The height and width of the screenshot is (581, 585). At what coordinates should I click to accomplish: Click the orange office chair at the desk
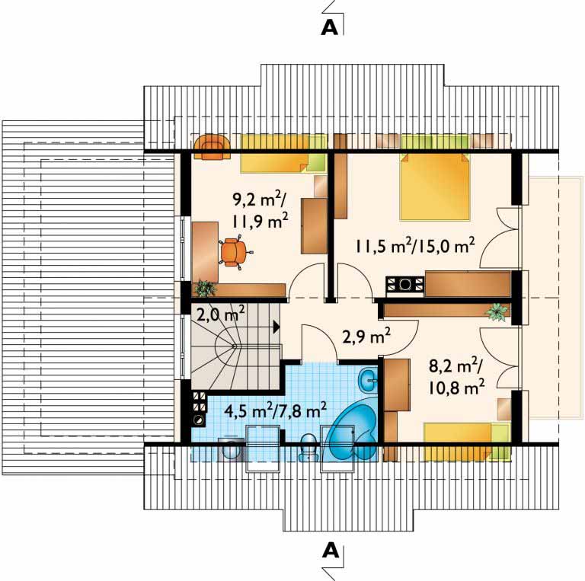(x=234, y=252)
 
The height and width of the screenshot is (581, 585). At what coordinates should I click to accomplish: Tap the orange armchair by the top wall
(x=212, y=147)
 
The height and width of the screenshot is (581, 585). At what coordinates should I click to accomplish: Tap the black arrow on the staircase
(x=277, y=327)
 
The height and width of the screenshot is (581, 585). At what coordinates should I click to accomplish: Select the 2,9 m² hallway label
(x=366, y=338)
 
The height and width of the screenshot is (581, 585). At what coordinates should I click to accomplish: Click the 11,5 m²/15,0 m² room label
(x=415, y=247)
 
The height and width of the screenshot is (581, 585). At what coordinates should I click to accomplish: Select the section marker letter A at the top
(x=329, y=27)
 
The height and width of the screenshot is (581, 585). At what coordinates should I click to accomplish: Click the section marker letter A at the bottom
(x=330, y=550)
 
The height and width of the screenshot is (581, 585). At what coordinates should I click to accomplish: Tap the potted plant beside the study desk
(x=204, y=289)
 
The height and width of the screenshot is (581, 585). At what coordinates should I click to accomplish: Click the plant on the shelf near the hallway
(x=497, y=311)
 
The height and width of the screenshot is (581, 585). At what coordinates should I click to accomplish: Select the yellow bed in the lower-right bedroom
(x=466, y=441)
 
